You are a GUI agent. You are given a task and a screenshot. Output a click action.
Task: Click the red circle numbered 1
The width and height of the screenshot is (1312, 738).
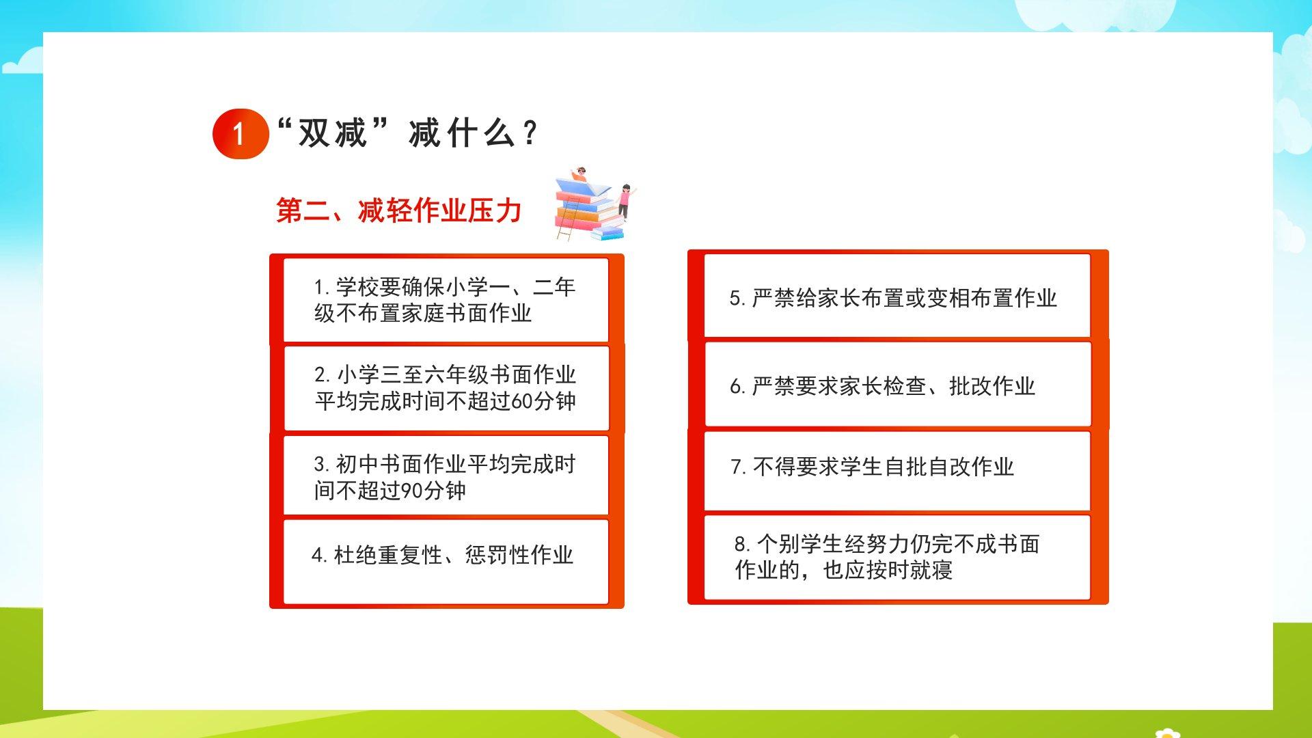pos(240,134)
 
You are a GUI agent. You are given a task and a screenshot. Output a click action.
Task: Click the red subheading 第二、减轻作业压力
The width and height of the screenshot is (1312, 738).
pos(399,210)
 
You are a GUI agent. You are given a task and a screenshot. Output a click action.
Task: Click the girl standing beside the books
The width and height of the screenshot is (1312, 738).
pos(625,202)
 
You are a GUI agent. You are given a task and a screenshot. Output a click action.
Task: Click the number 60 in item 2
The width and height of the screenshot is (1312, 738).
pos(522,401)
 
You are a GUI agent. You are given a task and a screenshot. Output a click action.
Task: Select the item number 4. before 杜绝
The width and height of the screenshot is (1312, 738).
pos(319,555)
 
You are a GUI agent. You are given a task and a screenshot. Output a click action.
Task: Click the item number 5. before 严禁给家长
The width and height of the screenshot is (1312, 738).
pos(737,299)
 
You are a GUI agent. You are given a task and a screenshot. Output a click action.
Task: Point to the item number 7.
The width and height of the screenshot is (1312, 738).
pos(739,467)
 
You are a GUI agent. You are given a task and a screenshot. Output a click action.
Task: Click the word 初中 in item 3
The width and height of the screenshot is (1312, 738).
pos(357,464)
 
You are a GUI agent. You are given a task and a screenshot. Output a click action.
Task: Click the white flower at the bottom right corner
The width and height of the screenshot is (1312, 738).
pos(1168,733)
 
